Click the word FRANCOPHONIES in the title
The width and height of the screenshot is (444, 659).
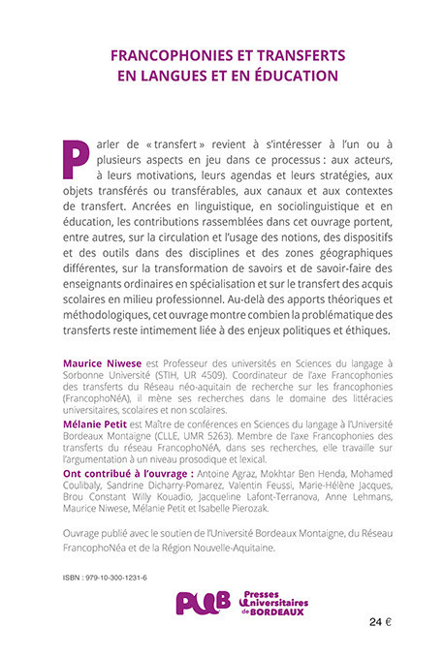168,56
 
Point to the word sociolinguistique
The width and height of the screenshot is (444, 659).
285,206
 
